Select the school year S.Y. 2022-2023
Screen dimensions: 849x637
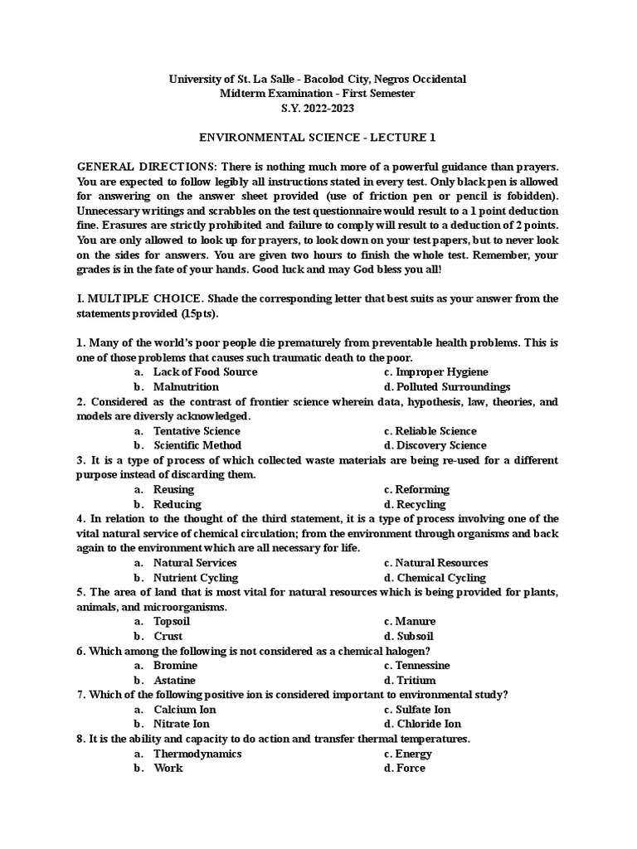[318, 108]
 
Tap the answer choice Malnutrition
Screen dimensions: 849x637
[186, 386]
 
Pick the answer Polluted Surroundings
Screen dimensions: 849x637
[453, 386]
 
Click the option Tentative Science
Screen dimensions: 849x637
[197, 431]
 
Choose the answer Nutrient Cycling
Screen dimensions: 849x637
[196, 577]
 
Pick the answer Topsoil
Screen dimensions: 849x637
[172, 621]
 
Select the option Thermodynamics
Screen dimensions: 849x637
[197, 754]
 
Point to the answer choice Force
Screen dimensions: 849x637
[410, 768]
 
